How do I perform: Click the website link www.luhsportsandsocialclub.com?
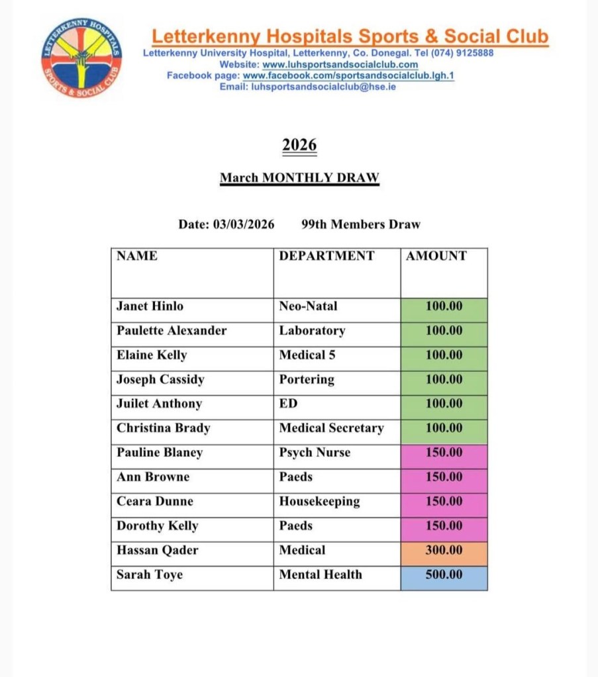click(x=340, y=65)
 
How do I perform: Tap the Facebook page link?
click(x=348, y=75)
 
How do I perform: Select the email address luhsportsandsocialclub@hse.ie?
click(x=324, y=87)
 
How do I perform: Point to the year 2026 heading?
click(x=299, y=145)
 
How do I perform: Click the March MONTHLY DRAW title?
click(x=299, y=178)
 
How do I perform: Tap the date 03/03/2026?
click(x=244, y=224)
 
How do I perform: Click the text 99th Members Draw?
click(x=360, y=224)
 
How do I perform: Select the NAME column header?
click(x=137, y=256)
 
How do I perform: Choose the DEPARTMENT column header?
click(x=326, y=256)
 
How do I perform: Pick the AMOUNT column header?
click(x=436, y=256)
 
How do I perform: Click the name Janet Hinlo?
click(x=150, y=306)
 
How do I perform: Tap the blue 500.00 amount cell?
click(x=444, y=575)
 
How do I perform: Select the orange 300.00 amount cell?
click(x=444, y=551)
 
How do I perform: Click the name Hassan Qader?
click(x=157, y=551)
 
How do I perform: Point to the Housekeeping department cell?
click(x=319, y=502)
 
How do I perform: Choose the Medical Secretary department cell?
click(x=331, y=428)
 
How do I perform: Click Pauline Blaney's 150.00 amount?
click(x=444, y=453)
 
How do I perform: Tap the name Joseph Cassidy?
click(x=160, y=380)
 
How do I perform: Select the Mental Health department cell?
click(x=321, y=575)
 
